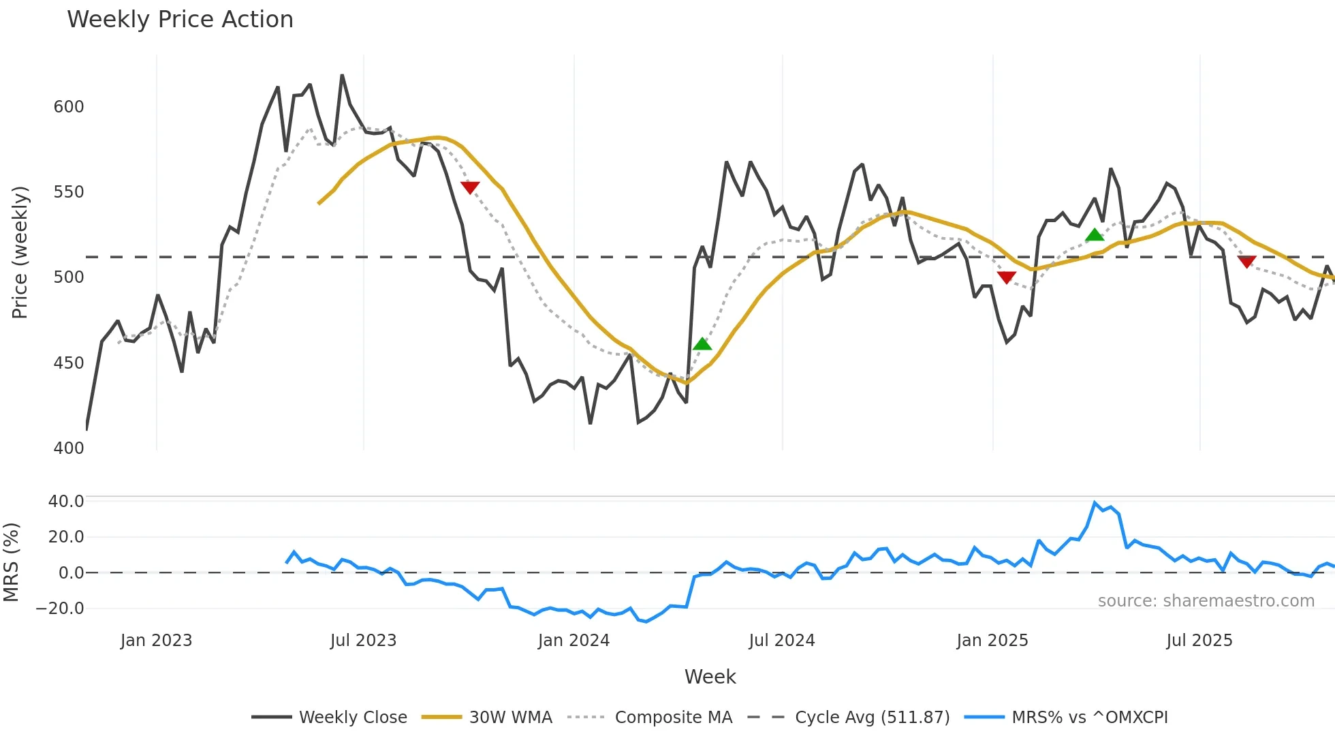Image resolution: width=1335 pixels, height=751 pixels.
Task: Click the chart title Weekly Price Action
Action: pyautogui.click(x=180, y=20)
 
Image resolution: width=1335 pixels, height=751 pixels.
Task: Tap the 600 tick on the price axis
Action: pyautogui.click(x=69, y=107)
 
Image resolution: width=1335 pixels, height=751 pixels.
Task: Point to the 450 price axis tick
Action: pyautogui.click(x=69, y=363)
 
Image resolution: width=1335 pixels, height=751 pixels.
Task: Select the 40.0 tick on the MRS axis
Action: pyautogui.click(x=66, y=502)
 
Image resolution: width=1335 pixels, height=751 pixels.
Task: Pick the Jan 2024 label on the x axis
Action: pyautogui.click(x=574, y=641)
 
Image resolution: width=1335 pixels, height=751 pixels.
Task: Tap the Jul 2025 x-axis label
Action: pyautogui.click(x=1199, y=641)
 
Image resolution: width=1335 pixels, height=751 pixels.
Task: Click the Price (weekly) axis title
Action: pyautogui.click(x=20, y=252)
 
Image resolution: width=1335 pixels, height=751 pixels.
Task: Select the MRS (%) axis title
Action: pyautogui.click(x=11, y=562)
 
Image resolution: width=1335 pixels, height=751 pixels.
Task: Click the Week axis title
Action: pyautogui.click(x=710, y=677)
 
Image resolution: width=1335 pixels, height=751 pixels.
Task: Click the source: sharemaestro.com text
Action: pyautogui.click(x=1206, y=601)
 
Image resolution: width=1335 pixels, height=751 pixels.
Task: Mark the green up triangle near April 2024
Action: pyautogui.click(x=702, y=344)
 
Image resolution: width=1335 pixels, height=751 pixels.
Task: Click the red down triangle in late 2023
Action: pyautogui.click(x=470, y=187)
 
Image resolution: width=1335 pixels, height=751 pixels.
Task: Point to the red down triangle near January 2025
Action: pyautogui.click(x=1007, y=277)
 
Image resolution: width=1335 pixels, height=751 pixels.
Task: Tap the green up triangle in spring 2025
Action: pyautogui.click(x=1095, y=235)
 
